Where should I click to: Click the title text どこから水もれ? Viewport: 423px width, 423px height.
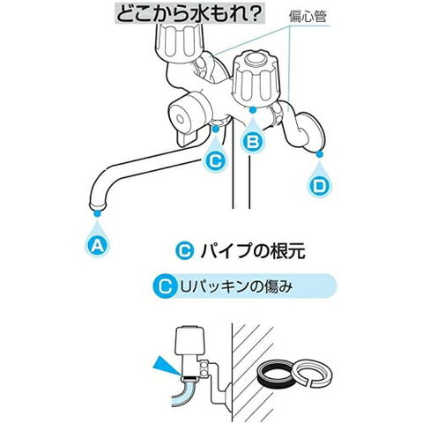click(189, 14)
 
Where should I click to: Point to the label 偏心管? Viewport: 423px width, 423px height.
click(308, 17)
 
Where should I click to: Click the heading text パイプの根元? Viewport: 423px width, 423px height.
click(253, 251)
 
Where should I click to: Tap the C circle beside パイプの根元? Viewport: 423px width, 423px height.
click(185, 251)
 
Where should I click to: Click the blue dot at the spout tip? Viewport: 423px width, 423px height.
click(97, 213)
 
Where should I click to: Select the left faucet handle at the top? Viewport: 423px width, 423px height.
click(179, 42)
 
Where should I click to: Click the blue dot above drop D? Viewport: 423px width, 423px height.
click(320, 153)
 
